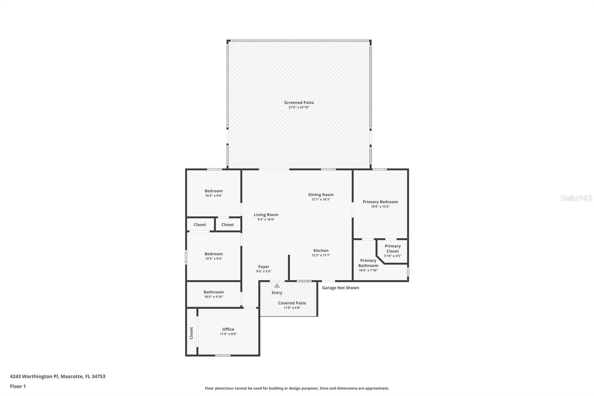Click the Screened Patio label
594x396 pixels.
pos(299,103)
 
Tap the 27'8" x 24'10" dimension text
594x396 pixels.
pos(299,107)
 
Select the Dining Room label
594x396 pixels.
pos(321,195)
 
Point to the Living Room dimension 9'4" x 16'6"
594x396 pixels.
pos(266,220)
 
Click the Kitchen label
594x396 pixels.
pos(321,250)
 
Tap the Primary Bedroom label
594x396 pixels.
pos(380,202)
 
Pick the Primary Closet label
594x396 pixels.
pos(392,249)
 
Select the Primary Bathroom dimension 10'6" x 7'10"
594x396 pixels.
pos(368,270)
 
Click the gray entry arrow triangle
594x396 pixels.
pos(277,286)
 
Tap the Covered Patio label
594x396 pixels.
pos(292,303)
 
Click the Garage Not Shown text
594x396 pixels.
pos(340,288)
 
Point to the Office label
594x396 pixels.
pos(228,329)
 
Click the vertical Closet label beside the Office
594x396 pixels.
pos(192,333)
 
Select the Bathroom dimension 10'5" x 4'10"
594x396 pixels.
pos(213,297)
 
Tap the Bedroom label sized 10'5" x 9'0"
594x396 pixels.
pos(213,191)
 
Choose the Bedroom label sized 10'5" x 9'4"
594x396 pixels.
pos(213,254)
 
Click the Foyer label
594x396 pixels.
pos(264,267)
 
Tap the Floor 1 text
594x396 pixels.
pos(18,386)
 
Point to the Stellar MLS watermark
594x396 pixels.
pos(576,198)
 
